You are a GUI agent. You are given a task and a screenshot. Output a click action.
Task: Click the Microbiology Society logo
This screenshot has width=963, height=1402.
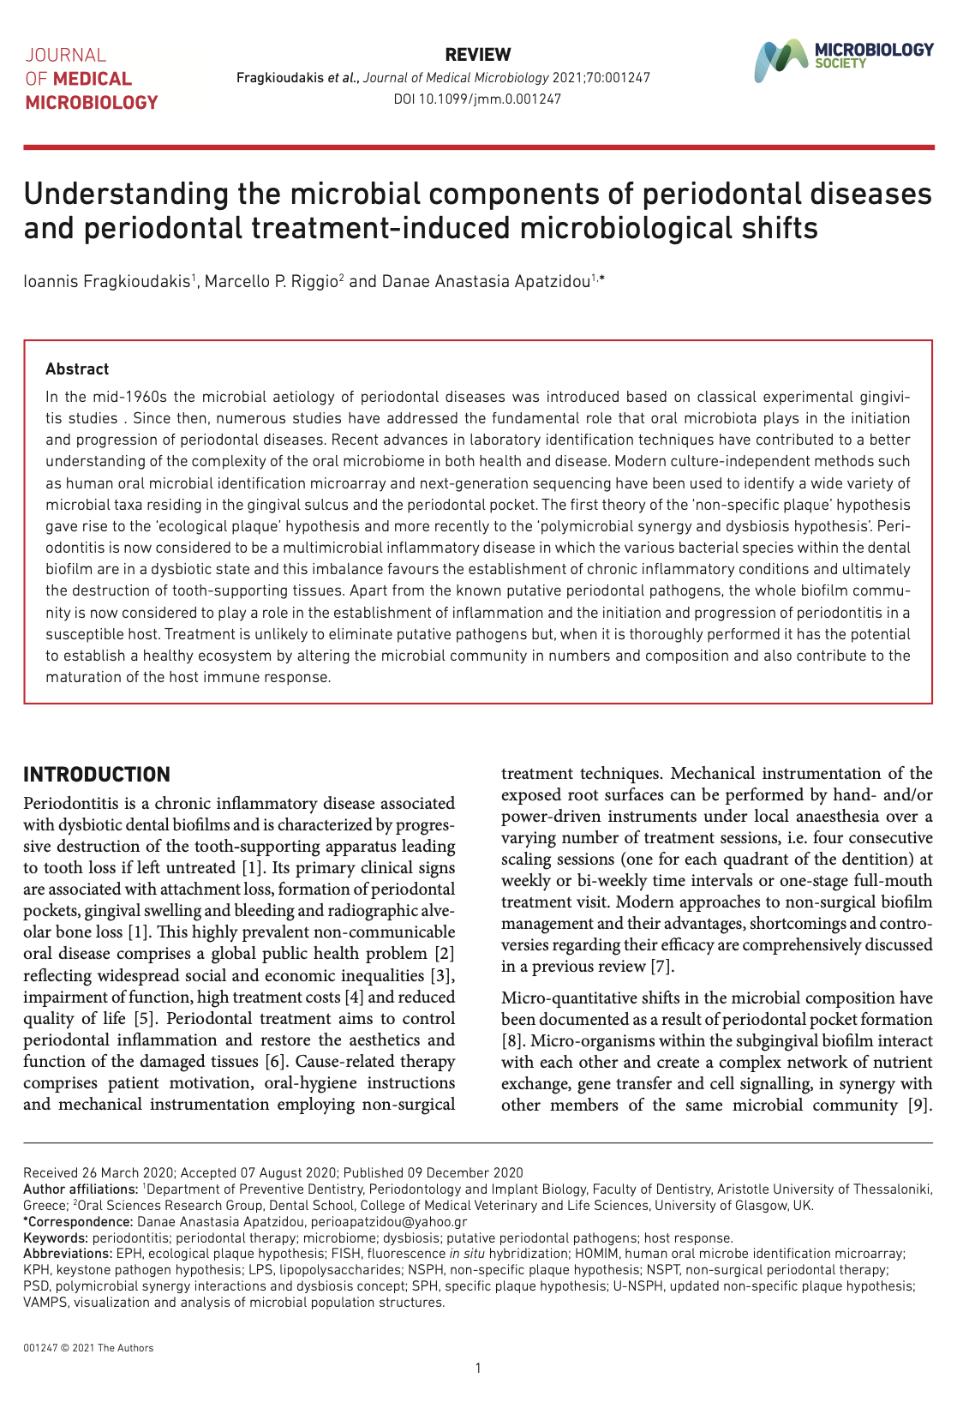[843, 60]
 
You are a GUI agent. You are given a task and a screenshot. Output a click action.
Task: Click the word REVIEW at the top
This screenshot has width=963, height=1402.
[478, 55]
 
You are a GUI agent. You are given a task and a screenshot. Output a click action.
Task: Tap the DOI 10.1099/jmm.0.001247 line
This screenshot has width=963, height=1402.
[477, 99]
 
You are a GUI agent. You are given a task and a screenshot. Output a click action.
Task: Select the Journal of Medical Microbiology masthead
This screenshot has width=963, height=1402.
[91, 79]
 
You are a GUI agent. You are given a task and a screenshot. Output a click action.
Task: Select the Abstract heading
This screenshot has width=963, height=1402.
[77, 369]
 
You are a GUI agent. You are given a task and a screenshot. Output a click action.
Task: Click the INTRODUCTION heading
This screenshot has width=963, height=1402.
[97, 775]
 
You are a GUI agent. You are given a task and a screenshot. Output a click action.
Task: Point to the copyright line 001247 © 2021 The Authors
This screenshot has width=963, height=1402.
[88, 1348]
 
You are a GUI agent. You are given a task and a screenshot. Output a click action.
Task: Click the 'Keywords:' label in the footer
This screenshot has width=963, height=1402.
[56, 1237]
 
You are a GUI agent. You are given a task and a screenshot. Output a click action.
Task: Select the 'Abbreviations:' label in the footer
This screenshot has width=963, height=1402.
[68, 1254]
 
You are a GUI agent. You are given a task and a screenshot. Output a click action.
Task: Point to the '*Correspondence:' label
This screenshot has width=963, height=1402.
[78, 1221]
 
